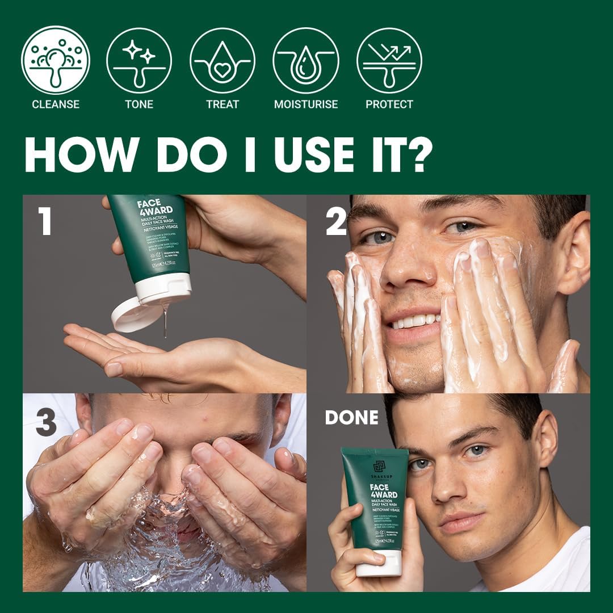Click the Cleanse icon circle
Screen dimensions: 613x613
pos(56,60)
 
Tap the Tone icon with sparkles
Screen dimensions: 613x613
pos(139,60)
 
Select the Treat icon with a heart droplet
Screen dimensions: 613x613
pos(222,60)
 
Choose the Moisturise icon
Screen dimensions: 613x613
pos(306,60)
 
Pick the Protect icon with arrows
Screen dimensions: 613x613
pos(389,60)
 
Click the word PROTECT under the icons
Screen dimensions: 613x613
pos(389,104)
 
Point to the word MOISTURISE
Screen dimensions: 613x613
pos(306,104)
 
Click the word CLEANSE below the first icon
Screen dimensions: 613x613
pos(56,104)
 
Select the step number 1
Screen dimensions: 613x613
pos(44,221)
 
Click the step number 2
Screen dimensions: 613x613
pos(336,221)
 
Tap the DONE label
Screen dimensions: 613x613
pos(351,418)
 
